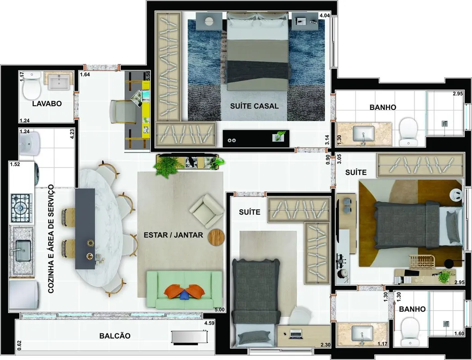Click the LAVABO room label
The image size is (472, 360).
tap(47, 104)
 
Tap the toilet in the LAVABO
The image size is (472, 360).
tap(32, 85)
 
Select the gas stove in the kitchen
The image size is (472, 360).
tap(21, 208)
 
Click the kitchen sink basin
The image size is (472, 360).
tap(23, 251)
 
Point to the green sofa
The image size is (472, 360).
tap(184, 290)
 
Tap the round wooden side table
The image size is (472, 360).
tap(216, 237)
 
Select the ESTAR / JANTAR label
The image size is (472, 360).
tap(173, 235)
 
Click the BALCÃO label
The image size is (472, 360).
tap(115, 336)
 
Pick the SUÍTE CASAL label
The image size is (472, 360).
tap(254, 106)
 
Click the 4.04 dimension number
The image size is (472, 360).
tap(324, 15)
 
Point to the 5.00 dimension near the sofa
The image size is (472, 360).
tap(219, 310)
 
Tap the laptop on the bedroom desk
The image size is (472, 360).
tap(295, 333)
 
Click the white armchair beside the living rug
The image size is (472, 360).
tap(207, 211)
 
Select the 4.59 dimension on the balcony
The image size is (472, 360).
tap(209, 323)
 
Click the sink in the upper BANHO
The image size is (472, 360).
tap(363, 134)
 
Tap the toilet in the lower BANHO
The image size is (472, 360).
tap(410, 332)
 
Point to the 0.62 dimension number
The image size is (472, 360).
tap(19, 345)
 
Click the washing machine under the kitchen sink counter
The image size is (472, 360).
tap(23, 295)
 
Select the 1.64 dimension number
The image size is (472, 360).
tap(85, 75)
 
